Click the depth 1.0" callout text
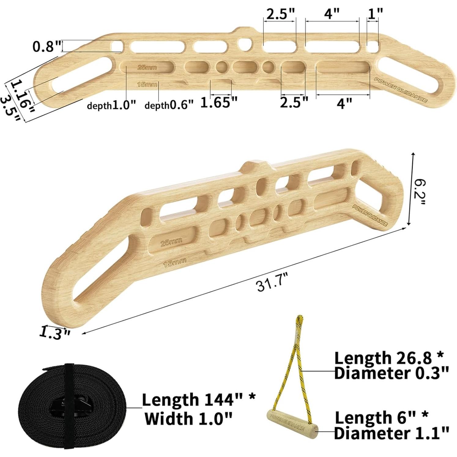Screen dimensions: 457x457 pos(111,105)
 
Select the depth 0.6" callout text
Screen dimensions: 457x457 pos(169,105)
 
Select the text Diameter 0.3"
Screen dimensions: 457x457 pos(391,373)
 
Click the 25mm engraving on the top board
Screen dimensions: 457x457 pos(147,67)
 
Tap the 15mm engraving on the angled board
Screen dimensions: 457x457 pos(175,262)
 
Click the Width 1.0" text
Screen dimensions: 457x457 pos(188,418)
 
